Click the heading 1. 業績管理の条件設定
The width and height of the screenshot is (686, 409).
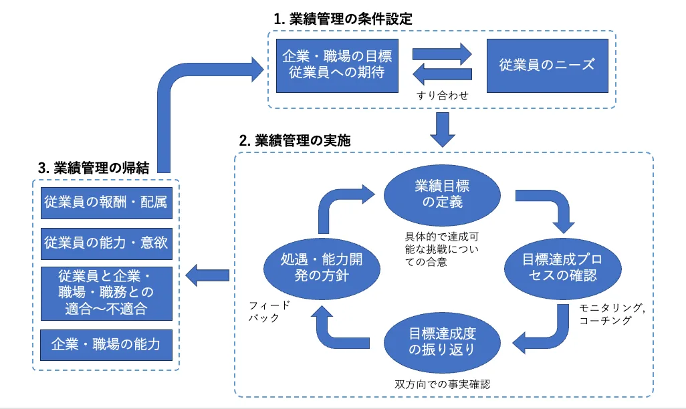[342, 19]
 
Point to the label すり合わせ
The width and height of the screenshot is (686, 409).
[442, 96]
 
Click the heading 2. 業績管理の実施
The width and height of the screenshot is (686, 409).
[295, 141]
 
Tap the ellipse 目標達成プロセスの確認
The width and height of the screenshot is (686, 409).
[560, 267]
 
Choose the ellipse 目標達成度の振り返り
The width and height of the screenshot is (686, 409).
[443, 340]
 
